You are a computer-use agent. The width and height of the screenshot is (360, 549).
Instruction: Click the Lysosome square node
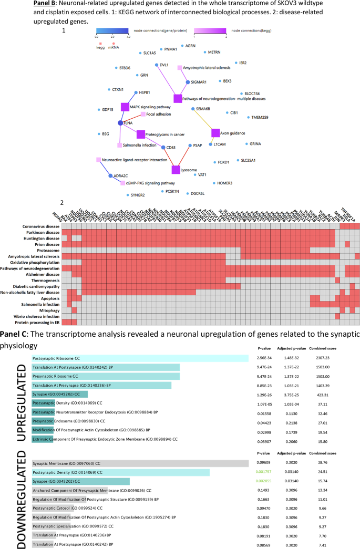tap(176, 170)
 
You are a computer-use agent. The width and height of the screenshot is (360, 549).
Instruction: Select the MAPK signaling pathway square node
tap(125, 107)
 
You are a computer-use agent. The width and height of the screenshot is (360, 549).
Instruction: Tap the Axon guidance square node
tap(215, 133)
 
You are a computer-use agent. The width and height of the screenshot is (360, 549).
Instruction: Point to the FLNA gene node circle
tap(121, 122)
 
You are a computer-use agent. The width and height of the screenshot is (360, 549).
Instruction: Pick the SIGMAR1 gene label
tap(199, 82)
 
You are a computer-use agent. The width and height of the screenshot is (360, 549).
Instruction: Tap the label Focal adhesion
tap(158, 114)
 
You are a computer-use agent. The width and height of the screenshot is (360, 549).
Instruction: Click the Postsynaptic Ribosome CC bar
tap(140, 358)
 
